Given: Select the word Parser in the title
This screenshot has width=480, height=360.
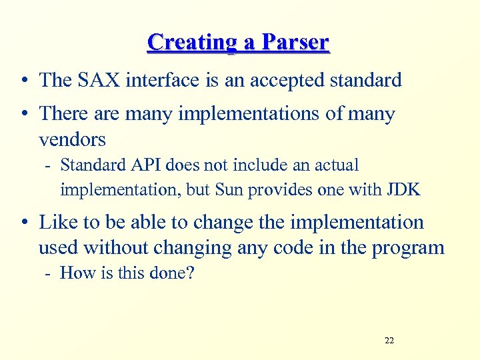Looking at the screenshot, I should tap(295, 43).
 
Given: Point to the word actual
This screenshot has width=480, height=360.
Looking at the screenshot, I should tap(335, 165).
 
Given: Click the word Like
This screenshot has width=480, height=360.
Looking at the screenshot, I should tap(59, 222).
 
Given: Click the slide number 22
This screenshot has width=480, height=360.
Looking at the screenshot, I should tap(389, 341).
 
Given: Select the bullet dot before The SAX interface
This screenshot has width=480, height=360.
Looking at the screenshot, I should tap(24, 81).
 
